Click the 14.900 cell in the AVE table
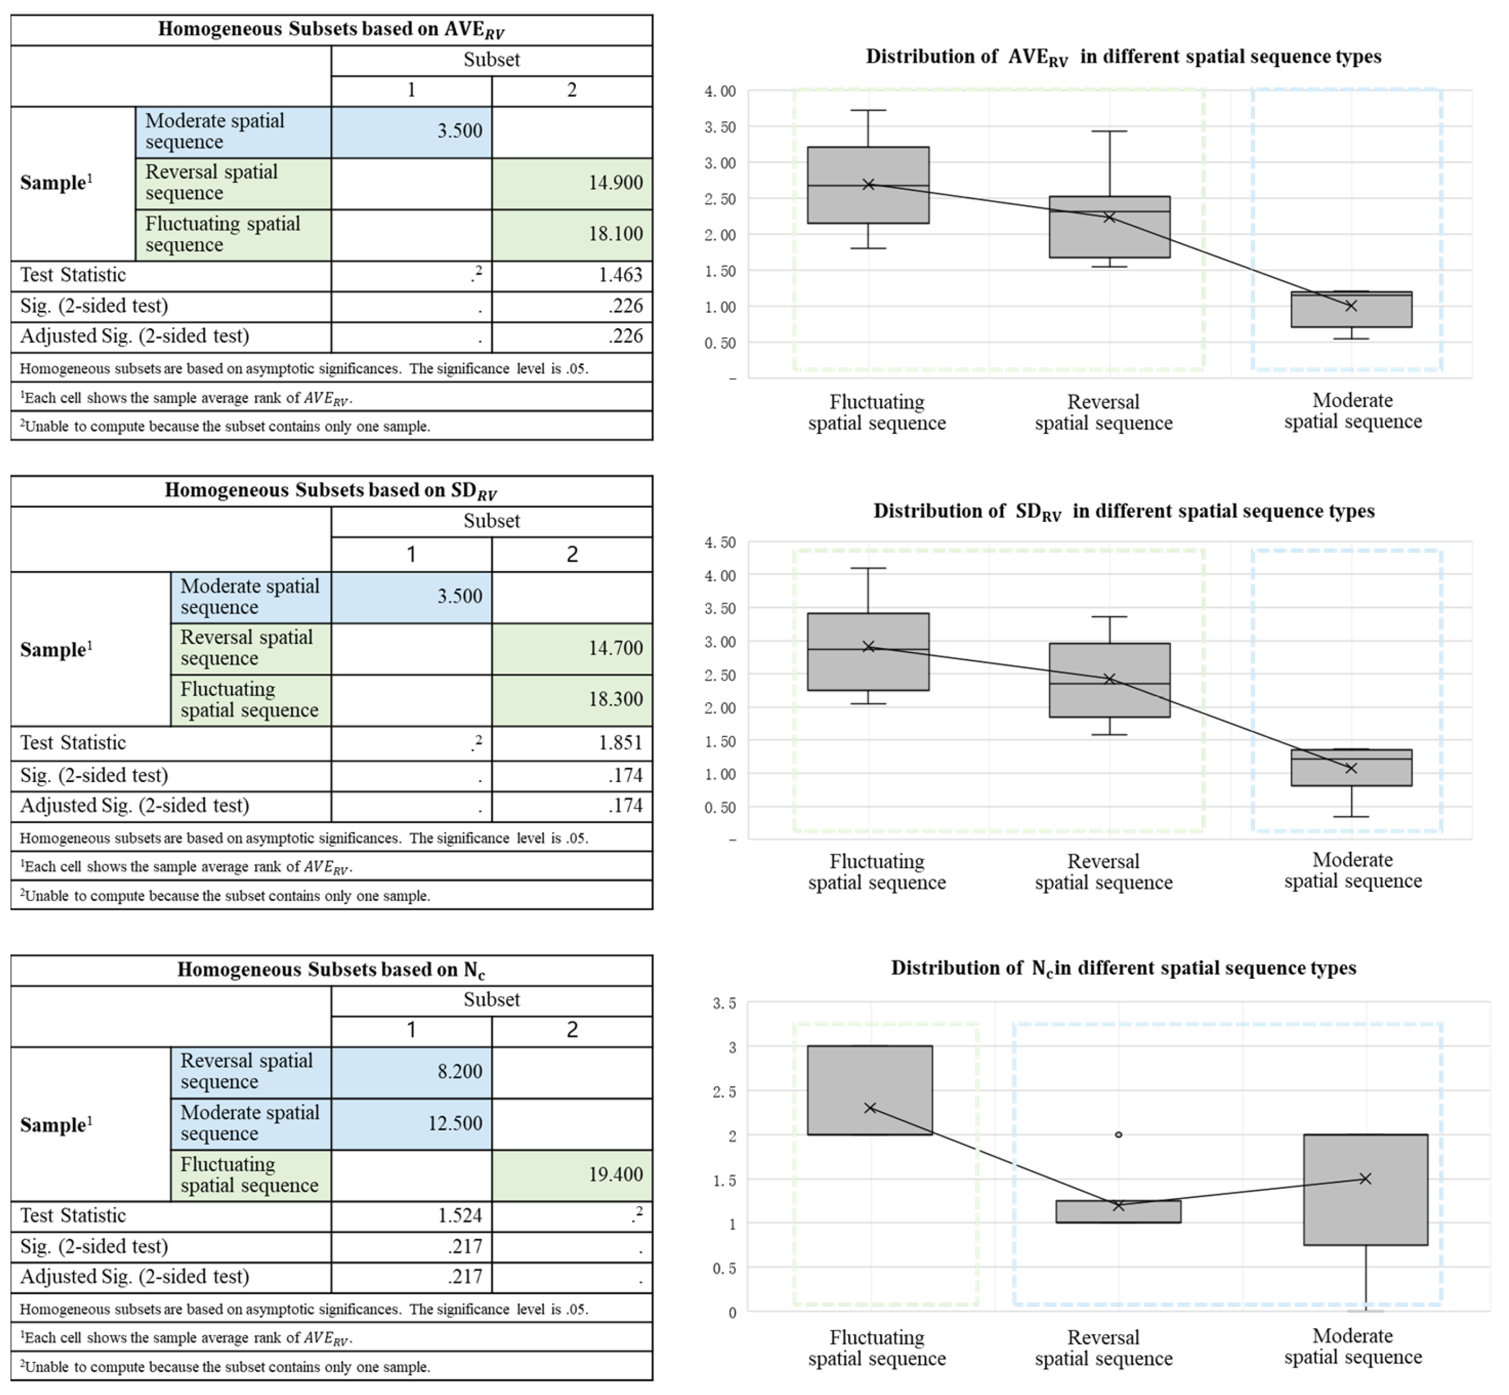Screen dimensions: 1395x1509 (x=615, y=183)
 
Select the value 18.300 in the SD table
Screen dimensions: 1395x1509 (x=615, y=699)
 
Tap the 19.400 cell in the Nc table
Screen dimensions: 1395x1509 (x=615, y=1175)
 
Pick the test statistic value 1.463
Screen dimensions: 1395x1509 (x=620, y=275)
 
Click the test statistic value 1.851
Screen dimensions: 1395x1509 (x=620, y=743)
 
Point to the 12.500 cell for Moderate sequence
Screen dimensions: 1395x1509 (x=454, y=1123)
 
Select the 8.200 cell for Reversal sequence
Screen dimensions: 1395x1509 (x=459, y=1072)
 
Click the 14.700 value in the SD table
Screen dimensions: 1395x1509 (x=615, y=648)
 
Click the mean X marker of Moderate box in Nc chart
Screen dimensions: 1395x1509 (x=1365, y=1178)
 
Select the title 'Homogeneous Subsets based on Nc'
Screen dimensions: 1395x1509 (x=331, y=969)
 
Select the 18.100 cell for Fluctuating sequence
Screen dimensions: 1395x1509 (x=615, y=234)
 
